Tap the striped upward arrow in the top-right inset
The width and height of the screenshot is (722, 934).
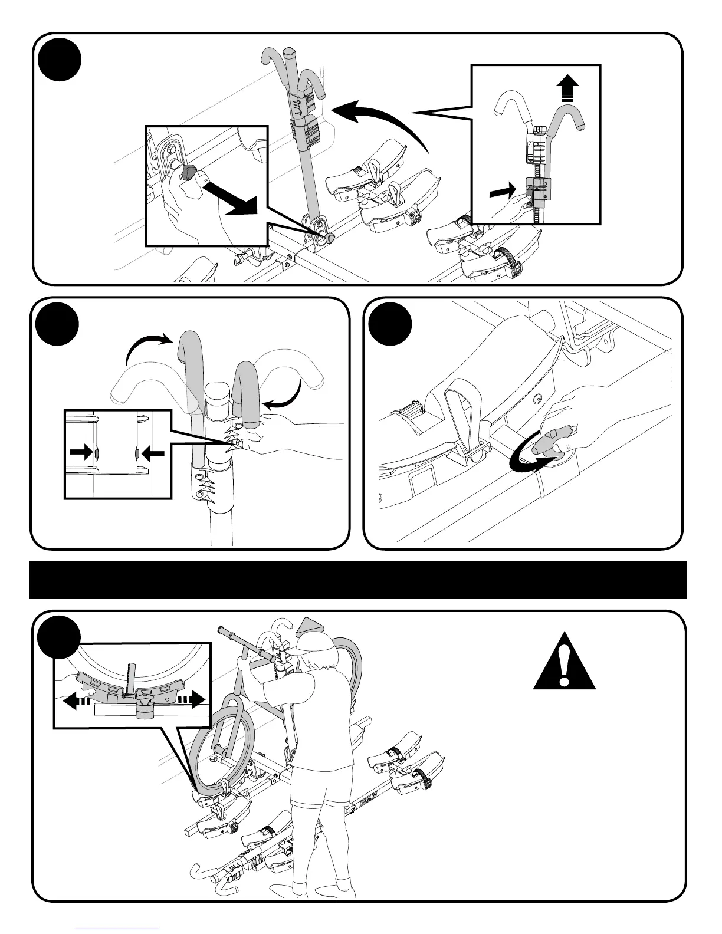point(567,93)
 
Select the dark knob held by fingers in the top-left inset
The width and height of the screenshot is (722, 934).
point(190,173)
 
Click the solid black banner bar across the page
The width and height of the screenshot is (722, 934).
point(358,580)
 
